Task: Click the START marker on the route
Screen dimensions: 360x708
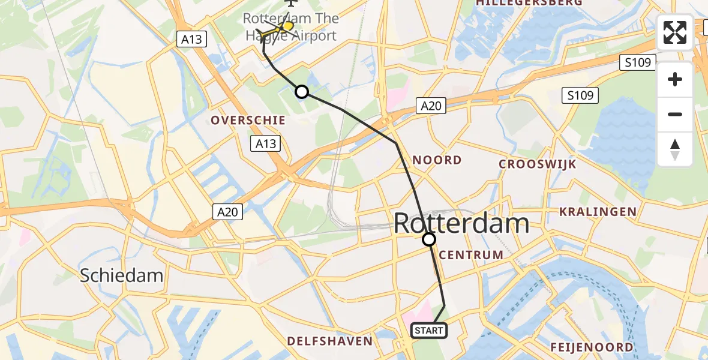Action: point(429,331)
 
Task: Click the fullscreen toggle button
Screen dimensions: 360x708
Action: point(675,32)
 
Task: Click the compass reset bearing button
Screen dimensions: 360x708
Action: point(675,149)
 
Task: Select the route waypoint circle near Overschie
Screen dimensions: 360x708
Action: point(302,92)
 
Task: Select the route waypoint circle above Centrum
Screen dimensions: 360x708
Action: point(429,240)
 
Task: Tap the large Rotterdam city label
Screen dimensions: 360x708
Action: point(461,224)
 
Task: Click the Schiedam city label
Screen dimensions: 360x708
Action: point(122,275)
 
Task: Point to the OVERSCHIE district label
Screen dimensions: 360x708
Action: point(248,121)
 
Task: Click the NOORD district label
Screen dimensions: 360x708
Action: point(437,160)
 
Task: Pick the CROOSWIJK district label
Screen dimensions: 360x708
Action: point(538,164)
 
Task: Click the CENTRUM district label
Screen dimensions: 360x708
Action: point(471,255)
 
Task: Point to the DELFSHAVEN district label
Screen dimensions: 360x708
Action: point(329,341)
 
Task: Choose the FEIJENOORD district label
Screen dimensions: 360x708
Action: point(592,347)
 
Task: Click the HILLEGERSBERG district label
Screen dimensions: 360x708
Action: point(529,3)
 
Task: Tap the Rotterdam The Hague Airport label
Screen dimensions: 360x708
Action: point(291,28)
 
